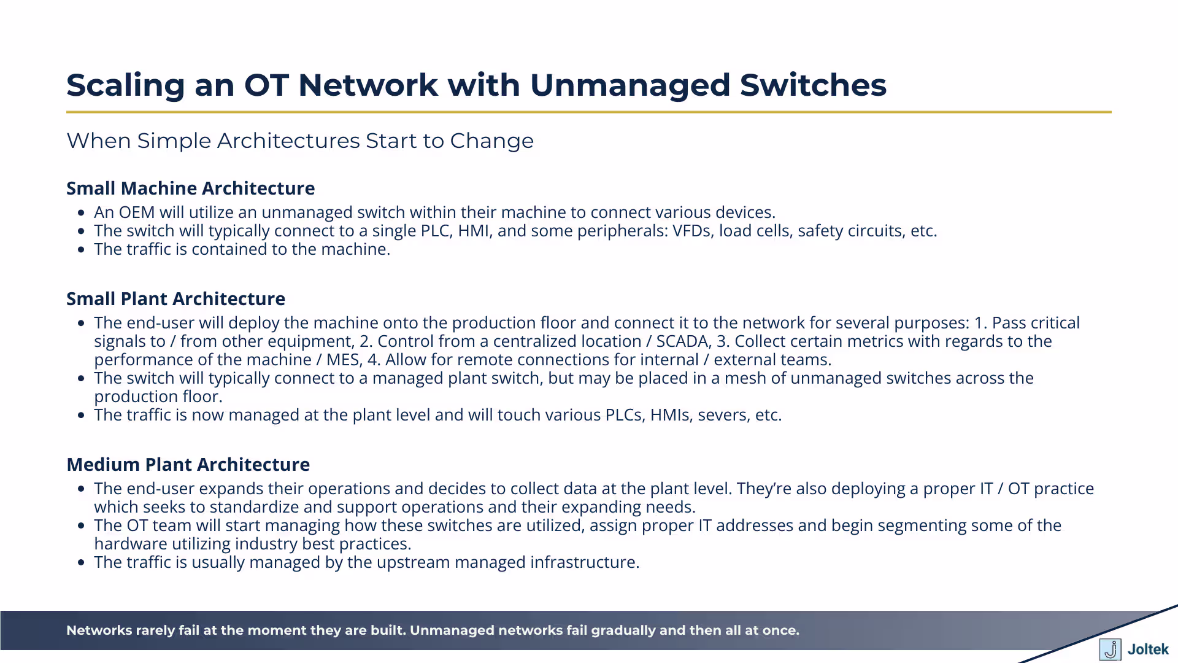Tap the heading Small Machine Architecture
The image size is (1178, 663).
[x=190, y=188]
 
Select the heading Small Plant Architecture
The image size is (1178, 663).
[x=175, y=299]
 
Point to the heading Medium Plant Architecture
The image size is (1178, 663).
[x=188, y=465]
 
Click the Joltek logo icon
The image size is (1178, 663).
[x=1110, y=649]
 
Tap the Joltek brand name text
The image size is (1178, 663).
[x=1148, y=649]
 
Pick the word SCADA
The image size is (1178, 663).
[x=681, y=341]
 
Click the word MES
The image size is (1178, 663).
[x=344, y=360]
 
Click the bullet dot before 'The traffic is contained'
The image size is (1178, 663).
[x=82, y=250]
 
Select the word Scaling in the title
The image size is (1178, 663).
[x=126, y=85]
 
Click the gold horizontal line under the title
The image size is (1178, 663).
[x=589, y=112]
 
